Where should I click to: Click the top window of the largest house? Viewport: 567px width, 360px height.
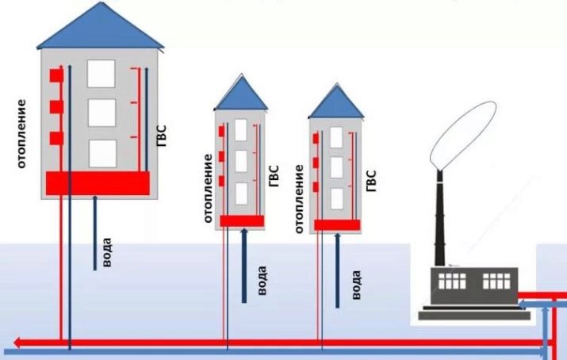(102, 74)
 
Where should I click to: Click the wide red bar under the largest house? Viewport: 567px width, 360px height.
(98, 183)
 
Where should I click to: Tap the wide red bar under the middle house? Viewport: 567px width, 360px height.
(241, 220)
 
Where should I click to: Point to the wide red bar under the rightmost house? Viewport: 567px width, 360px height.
(337, 224)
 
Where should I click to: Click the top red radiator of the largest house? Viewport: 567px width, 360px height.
(56, 75)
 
